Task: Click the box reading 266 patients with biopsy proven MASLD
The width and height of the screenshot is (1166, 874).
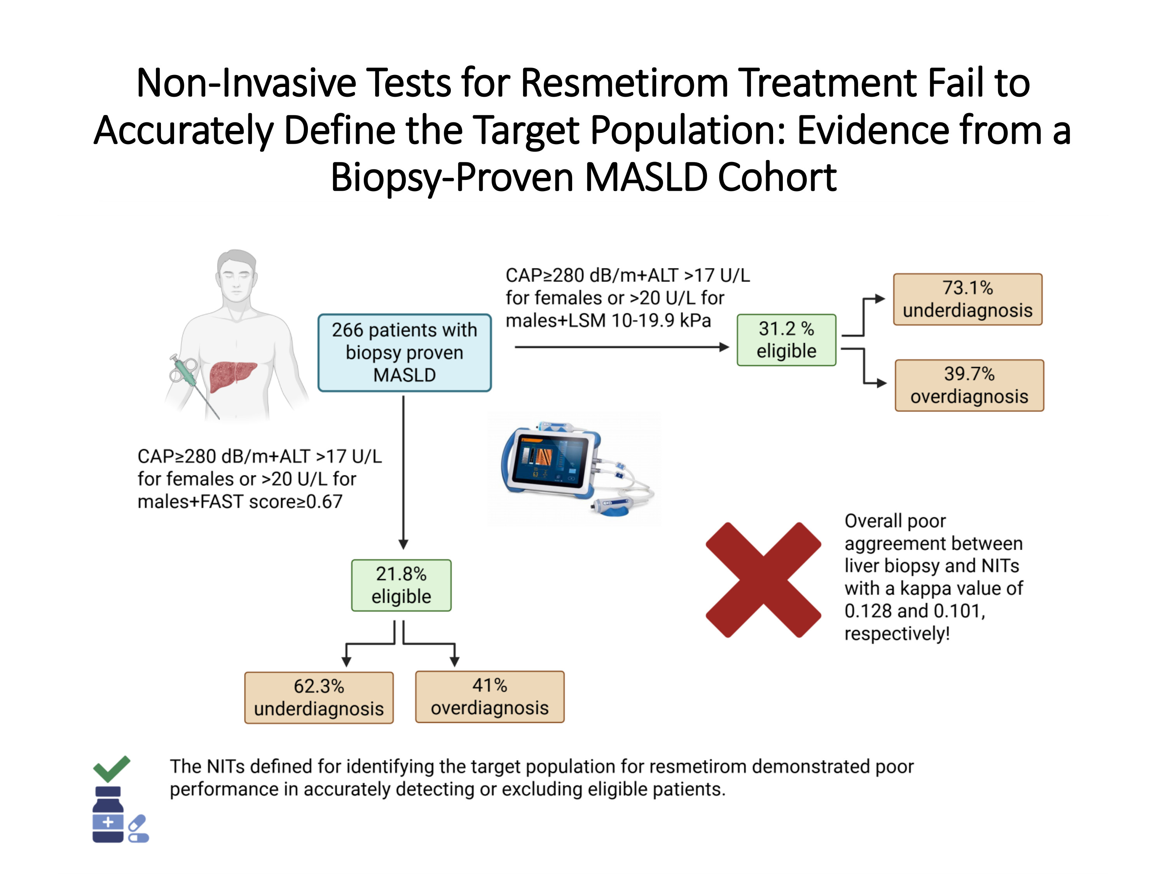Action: (x=404, y=352)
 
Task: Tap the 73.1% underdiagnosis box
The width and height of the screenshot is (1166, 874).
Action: (x=967, y=299)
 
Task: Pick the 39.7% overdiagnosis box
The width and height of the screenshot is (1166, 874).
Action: (x=969, y=385)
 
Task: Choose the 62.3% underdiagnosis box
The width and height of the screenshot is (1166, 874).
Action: (x=319, y=698)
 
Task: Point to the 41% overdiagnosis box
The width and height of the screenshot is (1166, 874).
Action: (x=490, y=696)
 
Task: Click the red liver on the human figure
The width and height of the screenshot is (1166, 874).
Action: (x=232, y=376)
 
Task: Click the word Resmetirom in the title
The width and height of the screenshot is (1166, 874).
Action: (x=625, y=83)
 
